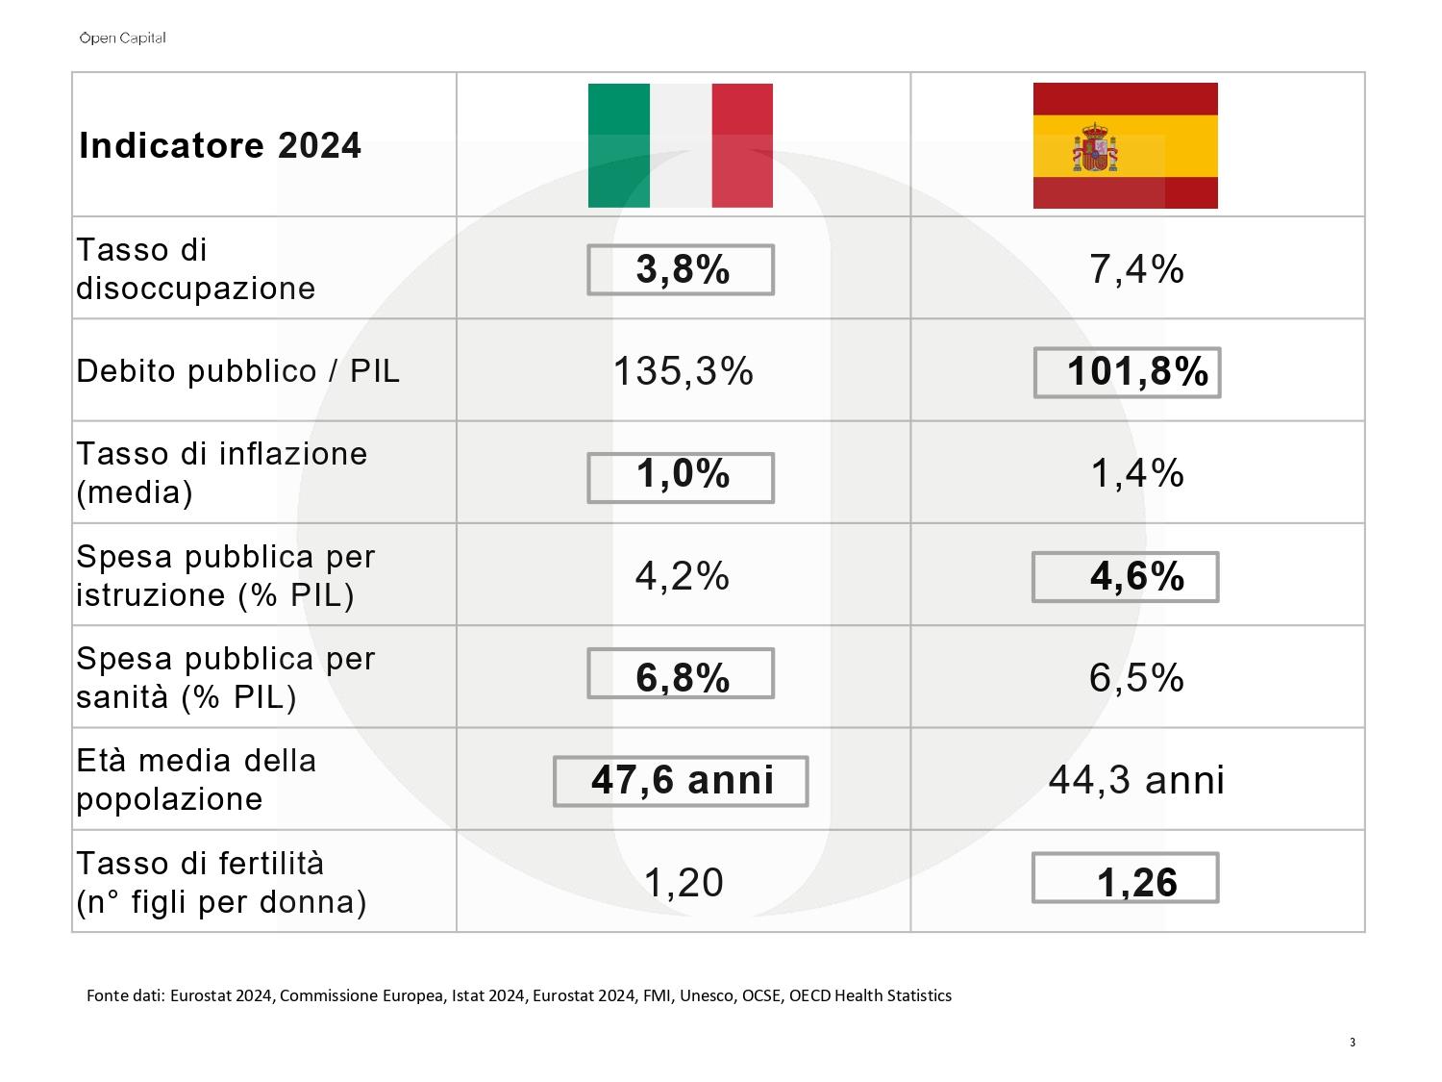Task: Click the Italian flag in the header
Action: (x=680, y=145)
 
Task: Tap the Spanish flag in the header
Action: (x=1126, y=145)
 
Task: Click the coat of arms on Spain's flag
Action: (x=1095, y=146)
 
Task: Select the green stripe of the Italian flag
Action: (x=619, y=145)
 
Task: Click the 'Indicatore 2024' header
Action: (x=220, y=145)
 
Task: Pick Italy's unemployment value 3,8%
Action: (x=683, y=269)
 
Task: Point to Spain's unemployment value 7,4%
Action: (x=1136, y=268)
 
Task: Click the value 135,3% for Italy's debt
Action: (x=684, y=371)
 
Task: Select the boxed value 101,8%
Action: (x=1137, y=371)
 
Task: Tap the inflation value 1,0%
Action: (x=683, y=473)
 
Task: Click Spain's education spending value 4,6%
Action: (x=1137, y=576)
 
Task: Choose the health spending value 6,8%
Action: (x=683, y=677)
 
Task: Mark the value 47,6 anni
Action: (x=683, y=780)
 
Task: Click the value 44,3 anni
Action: (x=1136, y=780)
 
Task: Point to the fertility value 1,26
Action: (x=1137, y=882)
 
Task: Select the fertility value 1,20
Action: (x=684, y=882)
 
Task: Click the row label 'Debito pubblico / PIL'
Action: (x=237, y=371)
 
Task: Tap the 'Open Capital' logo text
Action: (x=122, y=38)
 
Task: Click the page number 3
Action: (x=1352, y=1042)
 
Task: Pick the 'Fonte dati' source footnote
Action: (x=519, y=996)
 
